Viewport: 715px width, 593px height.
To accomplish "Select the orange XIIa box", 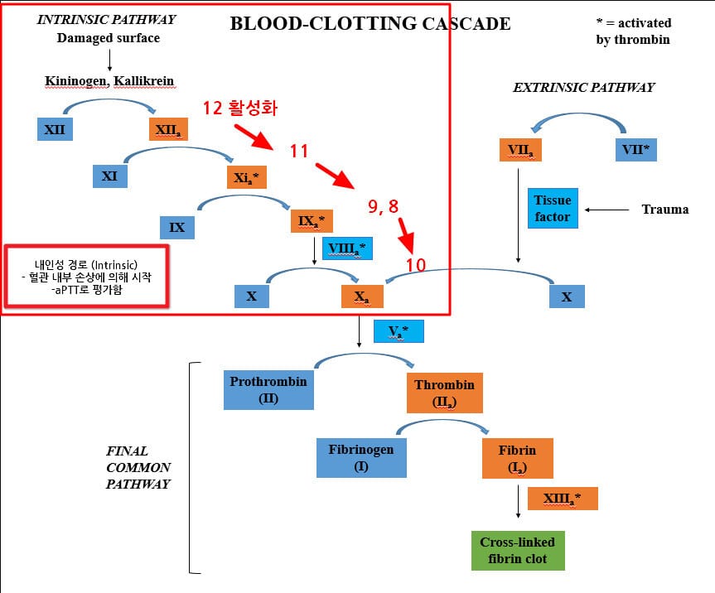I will coord(171,129).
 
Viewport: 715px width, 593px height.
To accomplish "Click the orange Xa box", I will coord(362,296).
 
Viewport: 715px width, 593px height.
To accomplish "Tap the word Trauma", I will coord(664,209).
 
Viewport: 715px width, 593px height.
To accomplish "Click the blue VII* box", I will coord(634,150).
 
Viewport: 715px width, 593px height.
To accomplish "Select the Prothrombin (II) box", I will coord(268,389).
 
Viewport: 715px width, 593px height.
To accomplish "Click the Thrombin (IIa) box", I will coord(444,393).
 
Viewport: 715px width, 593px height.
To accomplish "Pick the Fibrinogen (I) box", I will coord(361,457).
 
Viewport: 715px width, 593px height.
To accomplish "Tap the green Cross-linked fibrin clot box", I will coord(517,551).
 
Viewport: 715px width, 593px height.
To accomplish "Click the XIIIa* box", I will coord(561,499).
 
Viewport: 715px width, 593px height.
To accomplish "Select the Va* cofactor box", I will coord(399,331).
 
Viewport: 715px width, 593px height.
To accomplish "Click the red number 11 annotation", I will coord(298,151).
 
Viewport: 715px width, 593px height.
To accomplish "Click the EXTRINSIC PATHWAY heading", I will coord(583,87).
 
